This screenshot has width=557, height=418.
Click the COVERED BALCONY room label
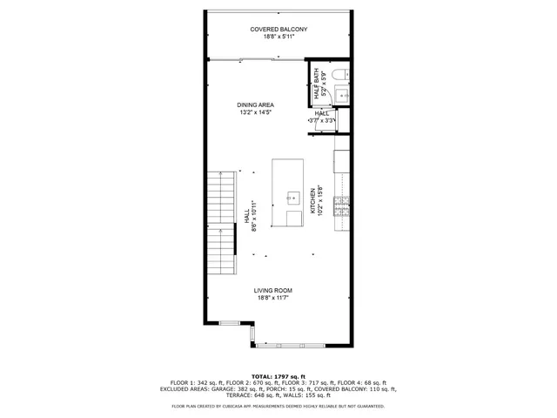pos(278,30)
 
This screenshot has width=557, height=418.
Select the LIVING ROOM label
pos(272,290)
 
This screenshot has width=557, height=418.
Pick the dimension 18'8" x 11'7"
pos(272,298)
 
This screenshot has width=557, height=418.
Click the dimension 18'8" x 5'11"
pos(278,37)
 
